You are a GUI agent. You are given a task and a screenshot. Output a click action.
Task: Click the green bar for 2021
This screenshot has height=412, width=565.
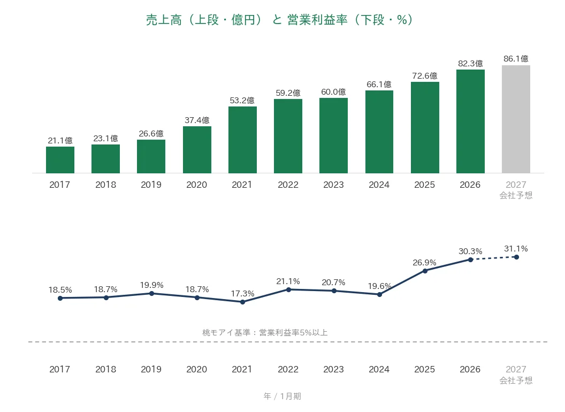pyautogui.click(x=242, y=140)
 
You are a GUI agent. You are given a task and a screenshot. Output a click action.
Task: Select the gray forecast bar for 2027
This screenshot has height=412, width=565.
pyautogui.click(x=516, y=119)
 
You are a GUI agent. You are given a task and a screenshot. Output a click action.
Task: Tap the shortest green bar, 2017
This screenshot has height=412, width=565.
pyautogui.click(x=60, y=160)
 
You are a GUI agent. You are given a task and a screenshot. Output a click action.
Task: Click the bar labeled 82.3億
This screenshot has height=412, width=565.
pyautogui.click(x=471, y=121)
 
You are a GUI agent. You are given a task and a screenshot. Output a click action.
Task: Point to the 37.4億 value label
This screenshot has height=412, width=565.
pyautogui.click(x=197, y=120)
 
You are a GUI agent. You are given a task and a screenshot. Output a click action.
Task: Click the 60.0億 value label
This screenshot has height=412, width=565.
pyautogui.click(x=334, y=92)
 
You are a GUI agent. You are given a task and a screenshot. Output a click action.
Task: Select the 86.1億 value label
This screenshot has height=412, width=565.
pyautogui.click(x=516, y=58)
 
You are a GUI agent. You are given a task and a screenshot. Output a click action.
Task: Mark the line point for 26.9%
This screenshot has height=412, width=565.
pyautogui.click(x=425, y=271)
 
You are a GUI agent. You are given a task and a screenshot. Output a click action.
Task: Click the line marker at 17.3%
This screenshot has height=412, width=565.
pyautogui.click(x=242, y=302)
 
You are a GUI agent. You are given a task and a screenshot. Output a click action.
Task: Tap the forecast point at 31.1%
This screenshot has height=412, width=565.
pyautogui.click(x=516, y=257)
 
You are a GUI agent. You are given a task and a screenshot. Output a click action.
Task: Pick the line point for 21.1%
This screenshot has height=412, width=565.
pyautogui.click(x=288, y=289)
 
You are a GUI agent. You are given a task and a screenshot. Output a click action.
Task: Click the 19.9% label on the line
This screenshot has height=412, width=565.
pyautogui.click(x=152, y=285)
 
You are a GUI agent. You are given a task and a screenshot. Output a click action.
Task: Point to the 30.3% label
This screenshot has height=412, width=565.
pyautogui.click(x=470, y=251)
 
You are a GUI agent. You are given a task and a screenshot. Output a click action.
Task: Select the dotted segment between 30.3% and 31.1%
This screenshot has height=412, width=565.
pyautogui.click(x=494, y=258)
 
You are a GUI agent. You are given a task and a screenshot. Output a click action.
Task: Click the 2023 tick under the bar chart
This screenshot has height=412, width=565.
pyautogui.click(x=334, y=185)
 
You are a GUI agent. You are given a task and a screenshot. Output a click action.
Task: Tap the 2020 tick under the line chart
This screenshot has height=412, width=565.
pyautogui.click(x=197, y=369)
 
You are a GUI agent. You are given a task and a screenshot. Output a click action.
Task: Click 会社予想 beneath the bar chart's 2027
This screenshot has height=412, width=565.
pyautogui.click(x=516, y=195)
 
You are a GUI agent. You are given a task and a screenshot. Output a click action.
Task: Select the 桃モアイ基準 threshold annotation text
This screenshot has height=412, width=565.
pyautogui.click(x=265, y=332)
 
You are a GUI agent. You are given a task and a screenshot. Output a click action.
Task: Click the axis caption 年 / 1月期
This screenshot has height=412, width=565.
pyautogui.click(x=282, y=396)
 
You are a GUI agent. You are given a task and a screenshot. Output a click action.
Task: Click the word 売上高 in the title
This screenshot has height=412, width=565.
pyautogui.click(x=164, y=20)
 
